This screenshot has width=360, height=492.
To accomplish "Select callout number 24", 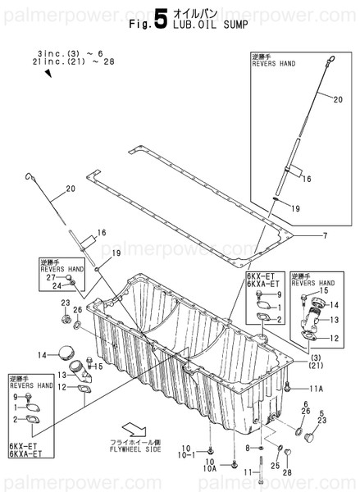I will click(x=57, y=286).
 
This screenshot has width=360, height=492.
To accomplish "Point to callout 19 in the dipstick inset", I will click(x=296, y=209).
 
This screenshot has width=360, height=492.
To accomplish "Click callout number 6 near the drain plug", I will click(x=305, y=404).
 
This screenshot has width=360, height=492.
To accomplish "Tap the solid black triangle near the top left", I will click(x=48, y=74).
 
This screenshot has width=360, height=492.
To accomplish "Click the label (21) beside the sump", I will click(x=314, y=367).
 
